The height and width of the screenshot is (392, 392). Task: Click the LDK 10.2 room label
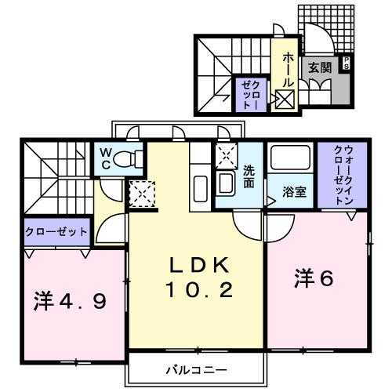click(198, 278)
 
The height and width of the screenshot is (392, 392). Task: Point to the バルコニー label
click(195, 368)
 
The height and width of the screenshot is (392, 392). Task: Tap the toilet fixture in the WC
click(127, 159)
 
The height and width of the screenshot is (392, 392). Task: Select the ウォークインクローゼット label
click(343, 175)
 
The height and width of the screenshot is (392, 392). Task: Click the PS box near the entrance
click(346, 64)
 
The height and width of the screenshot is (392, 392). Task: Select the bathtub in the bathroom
click(291, 160)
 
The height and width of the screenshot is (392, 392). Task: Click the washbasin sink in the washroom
click(226, 185)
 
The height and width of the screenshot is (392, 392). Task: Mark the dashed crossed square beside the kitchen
click(142, 192)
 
